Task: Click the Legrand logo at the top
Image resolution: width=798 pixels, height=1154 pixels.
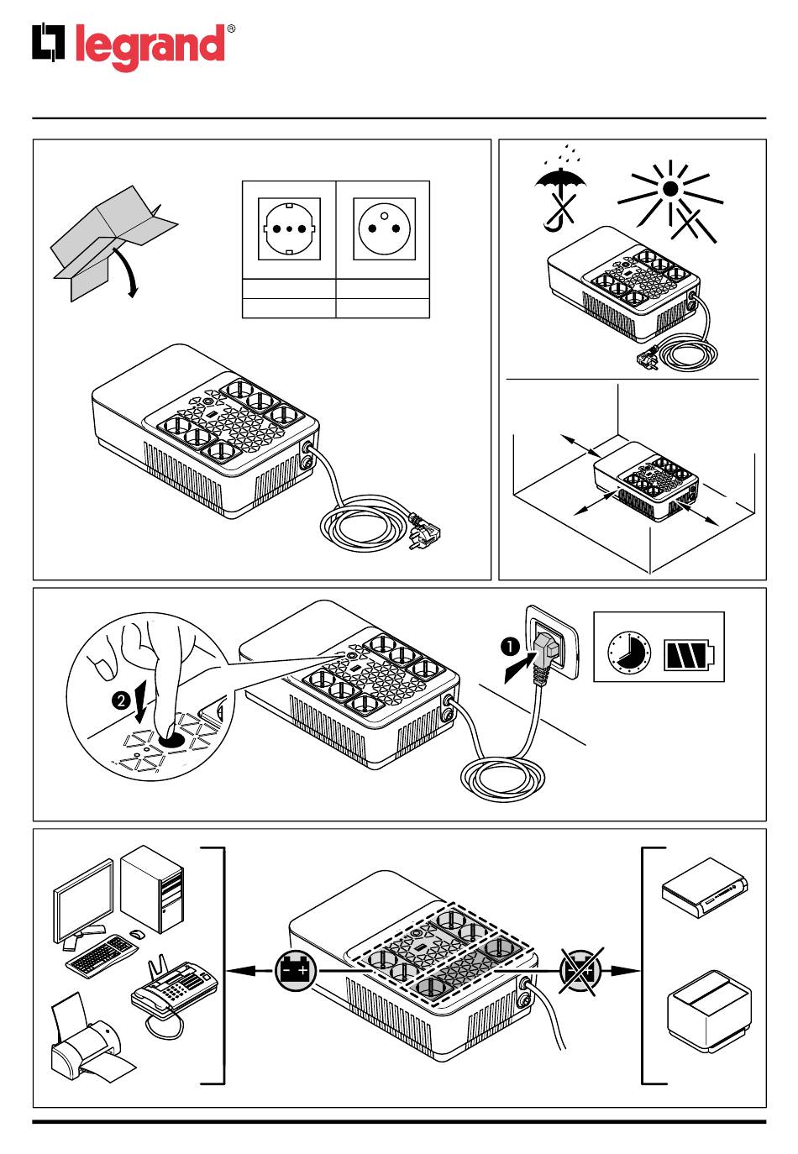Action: (x=130, y=45)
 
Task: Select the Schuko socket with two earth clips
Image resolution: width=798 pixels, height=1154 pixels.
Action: (x=289, y=228)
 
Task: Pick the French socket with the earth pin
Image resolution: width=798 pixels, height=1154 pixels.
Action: (x=383, y=228)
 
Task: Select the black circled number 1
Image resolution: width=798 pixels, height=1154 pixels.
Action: (x=509, y=647)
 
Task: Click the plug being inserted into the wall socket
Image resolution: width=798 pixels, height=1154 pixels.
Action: (x=546, y=652)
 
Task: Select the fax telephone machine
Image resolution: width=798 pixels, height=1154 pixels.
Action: (x=172, y=991)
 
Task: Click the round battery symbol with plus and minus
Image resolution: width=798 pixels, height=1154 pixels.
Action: (x=296, y=970)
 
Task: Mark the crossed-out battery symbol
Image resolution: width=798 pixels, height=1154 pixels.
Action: (x=581, y=970)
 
